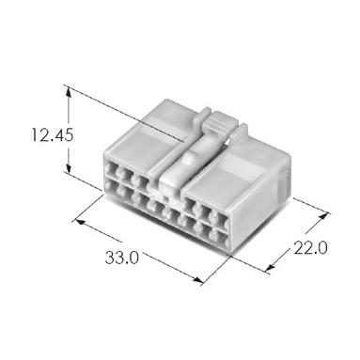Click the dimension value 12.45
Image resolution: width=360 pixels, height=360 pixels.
53,135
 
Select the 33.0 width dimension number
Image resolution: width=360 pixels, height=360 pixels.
121,258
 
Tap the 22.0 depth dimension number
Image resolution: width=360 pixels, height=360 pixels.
310,248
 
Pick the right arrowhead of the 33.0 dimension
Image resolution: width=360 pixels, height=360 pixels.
197,280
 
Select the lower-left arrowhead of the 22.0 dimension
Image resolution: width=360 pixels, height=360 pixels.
270,267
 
